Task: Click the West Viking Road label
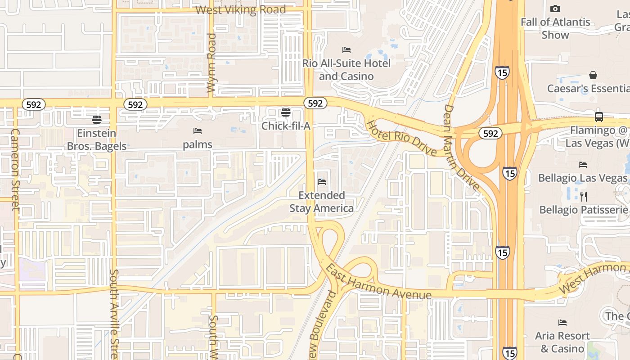[241, 10]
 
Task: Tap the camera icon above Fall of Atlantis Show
[555, 9]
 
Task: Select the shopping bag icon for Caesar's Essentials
[593, 75]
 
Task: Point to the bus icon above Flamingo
[599, 117]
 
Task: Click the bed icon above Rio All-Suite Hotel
[346, 50]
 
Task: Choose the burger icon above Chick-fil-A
[286, 112]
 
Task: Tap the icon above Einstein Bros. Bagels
[97, 120]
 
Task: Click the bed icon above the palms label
[197, 131]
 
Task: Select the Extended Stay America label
[322, 202]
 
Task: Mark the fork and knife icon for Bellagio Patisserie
[584, 197]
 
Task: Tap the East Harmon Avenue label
[378, 282]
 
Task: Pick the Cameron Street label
[15, 169]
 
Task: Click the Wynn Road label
[211, 63]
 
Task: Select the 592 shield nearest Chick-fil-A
[315, 103]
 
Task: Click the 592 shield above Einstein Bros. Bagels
[34, 105]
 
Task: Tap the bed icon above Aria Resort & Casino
[562, 323]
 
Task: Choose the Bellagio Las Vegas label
[583, 178]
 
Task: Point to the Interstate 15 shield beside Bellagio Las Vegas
[509, 173]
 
